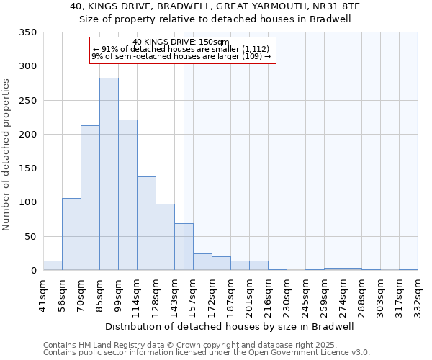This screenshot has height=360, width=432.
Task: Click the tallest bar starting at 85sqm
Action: [109, 174]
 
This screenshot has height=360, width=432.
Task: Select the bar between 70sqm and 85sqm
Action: [90, 198]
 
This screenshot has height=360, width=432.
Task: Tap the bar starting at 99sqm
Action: [127, 195]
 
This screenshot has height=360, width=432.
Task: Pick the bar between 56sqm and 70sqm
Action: [71, 234]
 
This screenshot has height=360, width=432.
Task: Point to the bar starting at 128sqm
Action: [165, 237]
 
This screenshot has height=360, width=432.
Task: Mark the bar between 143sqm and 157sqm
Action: [184, 247]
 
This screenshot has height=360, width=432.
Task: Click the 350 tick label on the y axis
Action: [28, 32]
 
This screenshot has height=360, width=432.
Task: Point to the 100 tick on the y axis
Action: [28, 202]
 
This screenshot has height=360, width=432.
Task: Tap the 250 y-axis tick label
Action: [28, 100]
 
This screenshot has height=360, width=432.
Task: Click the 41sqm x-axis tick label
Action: [43, 296]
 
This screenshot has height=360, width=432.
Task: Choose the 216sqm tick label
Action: [268, 296]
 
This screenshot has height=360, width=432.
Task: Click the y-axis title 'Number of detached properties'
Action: [6, 155]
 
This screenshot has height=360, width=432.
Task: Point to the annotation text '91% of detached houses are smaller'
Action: [181, 49]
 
